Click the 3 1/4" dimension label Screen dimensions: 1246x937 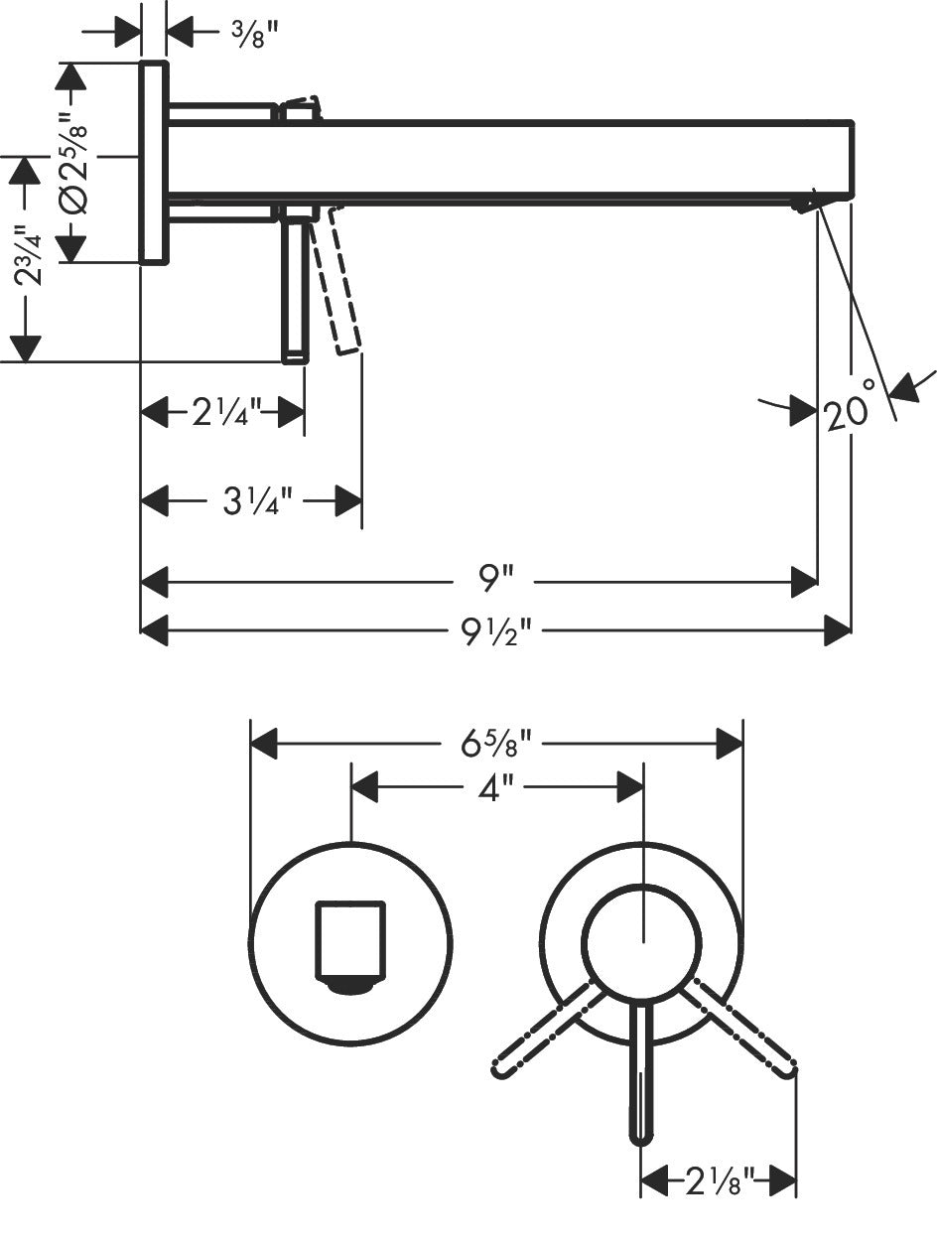pos(251,501)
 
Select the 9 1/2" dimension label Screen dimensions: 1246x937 pos(496,630)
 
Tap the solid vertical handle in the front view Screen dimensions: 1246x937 pos(643,1072)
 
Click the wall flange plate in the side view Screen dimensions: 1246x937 pos(153,162)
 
